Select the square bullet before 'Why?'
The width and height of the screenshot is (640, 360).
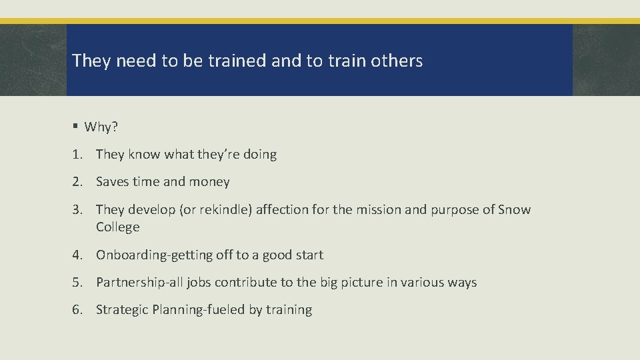click(x=76, y=127)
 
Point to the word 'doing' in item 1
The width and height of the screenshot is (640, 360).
click(x=260, y=154)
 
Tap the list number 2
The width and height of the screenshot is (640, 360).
click(x=78, y=181)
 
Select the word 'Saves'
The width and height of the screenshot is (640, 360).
click(x=113, y=181)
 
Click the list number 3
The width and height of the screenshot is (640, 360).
click(x=78, y=209)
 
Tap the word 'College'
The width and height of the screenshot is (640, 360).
click(x=118, y=227)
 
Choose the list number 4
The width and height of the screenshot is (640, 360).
click(x=78, y=255)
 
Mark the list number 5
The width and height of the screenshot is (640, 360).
click(x=78, y=282)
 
